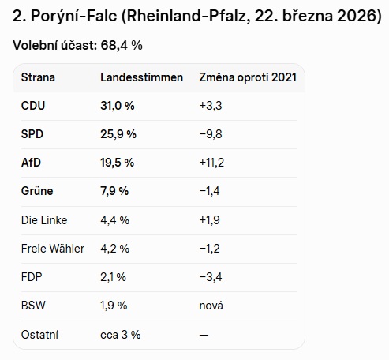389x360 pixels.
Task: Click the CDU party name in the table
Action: (x=33, y=106)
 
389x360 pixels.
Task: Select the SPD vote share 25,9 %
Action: (x=118, y=134)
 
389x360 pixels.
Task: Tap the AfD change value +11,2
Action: (x=211, y=163)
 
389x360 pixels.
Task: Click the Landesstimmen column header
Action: (x=141, y=77)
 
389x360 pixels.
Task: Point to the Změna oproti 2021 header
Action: (x=248, y=77)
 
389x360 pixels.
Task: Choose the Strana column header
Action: (x=38, y=77)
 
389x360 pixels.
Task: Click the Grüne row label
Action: (x=37, y=191)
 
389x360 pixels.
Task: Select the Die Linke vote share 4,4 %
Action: (x=114, y=220)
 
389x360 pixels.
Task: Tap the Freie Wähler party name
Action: (x=53, y=249)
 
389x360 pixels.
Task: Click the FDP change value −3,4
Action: (x=211, y=277)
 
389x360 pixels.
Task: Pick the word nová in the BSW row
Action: (x=211, y=306)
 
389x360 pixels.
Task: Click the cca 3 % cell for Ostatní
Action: (x=121, y=335)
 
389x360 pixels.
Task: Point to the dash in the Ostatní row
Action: (x=204, y=335)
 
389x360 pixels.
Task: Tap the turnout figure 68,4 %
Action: (x=122, y=45)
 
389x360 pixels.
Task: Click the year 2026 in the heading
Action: (x=357, y=16)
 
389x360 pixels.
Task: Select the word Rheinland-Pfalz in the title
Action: (x=189, y=16)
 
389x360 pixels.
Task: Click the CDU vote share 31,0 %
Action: (x=118, y=106)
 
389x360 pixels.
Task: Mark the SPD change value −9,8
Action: (x=211, y=134)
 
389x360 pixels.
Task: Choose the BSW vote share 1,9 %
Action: (x=114, y=306)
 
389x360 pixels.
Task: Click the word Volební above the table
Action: (x=36, y=45)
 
